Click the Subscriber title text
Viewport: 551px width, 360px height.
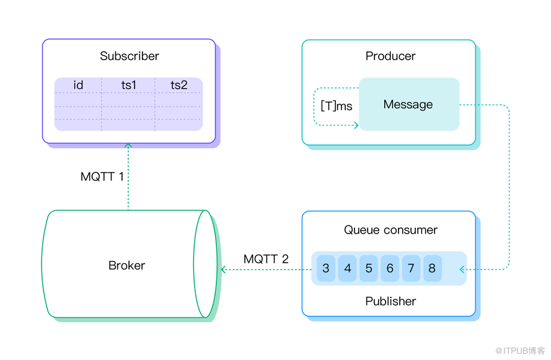point(130,56)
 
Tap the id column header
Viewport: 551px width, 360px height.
point(78,86)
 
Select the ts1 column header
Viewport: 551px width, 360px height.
point(128,86)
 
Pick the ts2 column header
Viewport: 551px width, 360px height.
point(179,86)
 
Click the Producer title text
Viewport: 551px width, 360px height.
point(390,56)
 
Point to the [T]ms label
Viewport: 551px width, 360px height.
point(337,106)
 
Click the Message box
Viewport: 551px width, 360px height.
point(408,104)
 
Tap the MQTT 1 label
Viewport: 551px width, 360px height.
point(102,177)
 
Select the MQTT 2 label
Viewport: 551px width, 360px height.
point(266,259)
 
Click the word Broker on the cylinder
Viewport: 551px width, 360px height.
point(126,266)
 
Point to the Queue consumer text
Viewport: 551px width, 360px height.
point(390,230)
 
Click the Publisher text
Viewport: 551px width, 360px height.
point(390,301)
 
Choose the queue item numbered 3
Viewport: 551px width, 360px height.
point(326,269)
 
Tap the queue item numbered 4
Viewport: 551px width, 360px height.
point(348,269)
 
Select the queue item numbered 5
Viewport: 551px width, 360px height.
point(369,269)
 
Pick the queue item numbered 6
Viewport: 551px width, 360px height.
point(390,269)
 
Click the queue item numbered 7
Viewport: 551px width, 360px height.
point(411,269)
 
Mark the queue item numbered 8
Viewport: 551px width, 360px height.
point(432,269)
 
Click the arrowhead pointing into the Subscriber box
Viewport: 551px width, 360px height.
point(128,146)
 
